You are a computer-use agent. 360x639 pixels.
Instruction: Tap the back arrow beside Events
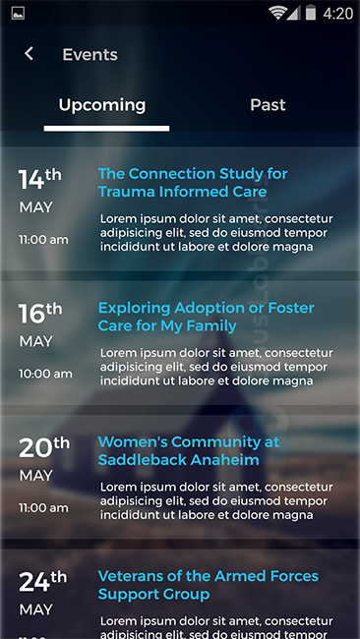(30, 54)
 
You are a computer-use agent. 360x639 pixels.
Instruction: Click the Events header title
(90, 55)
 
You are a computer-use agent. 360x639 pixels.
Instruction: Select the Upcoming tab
(102, 105)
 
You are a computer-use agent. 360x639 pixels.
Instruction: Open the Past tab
(268, 105)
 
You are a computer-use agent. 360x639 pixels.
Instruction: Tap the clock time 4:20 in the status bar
(337, 14)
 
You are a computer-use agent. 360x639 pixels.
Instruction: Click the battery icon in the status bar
(311, 14)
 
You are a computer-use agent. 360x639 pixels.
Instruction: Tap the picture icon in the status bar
(18, 13)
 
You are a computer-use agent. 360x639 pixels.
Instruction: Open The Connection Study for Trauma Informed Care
(193, 183)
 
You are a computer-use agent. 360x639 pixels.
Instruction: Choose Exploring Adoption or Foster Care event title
(206, 317)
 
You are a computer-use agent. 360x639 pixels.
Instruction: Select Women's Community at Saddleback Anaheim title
(189, 450)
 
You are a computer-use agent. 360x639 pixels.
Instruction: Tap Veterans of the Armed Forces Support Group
(209, 585)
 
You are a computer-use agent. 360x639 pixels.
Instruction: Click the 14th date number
(39, 179)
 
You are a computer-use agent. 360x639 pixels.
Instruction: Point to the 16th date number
(39, 313)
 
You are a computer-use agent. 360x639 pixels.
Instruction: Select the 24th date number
(41, 581)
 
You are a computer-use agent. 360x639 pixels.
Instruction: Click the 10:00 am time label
(45, 374)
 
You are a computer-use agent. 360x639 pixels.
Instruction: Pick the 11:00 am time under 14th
(43, 239)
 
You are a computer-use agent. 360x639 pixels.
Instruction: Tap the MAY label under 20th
(36, 476)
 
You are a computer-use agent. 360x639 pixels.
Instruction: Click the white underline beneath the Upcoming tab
(106, 127)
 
